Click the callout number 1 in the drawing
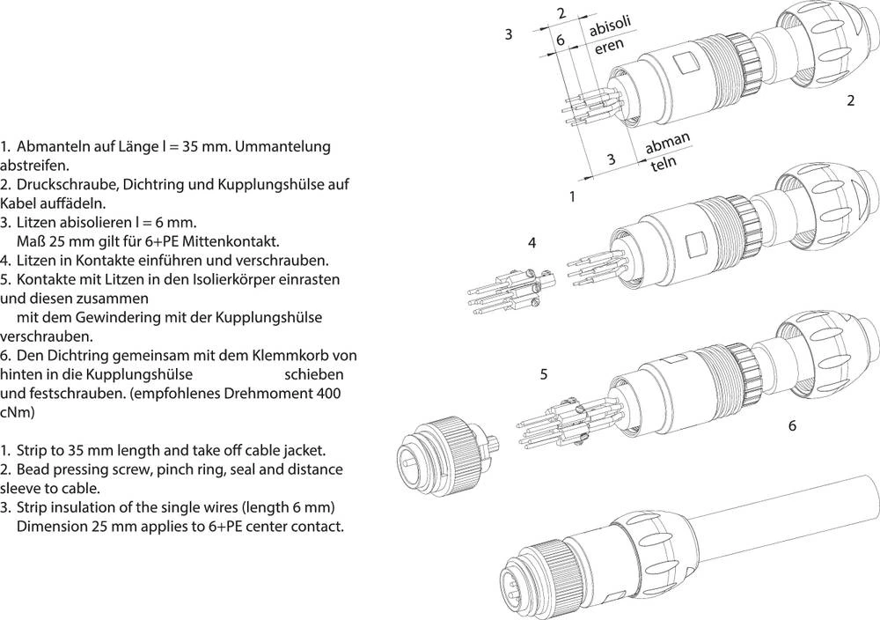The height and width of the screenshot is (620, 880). [572, 196]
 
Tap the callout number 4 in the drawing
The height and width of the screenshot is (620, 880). [532, 241]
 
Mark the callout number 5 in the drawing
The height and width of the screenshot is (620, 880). [544, 374]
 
